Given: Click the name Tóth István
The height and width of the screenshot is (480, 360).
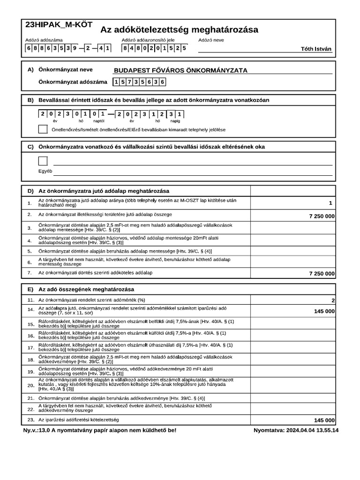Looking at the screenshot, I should tap(316, 48).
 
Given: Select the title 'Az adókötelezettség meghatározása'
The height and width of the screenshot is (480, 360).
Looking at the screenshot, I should tap(179, 30).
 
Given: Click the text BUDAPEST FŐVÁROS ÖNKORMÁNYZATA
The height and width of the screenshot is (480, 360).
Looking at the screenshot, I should tap(180, 71).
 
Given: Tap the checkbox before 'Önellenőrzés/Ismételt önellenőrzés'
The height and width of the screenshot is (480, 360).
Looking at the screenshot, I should tap(43, 129).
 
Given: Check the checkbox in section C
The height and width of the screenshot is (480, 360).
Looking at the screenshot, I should tap(43, 161).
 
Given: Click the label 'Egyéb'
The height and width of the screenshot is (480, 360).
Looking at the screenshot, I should tap(45, 171).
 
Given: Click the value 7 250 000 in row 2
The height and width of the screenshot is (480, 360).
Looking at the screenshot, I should tap(322, 216).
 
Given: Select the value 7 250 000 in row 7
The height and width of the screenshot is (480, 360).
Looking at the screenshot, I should tap(322, 273).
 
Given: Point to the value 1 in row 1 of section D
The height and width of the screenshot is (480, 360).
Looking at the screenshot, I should tap(330, 203).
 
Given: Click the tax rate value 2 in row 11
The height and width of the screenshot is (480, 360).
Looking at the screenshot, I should tap(333, 300).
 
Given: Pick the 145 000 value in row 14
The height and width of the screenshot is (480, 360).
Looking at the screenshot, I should tap(324, 311).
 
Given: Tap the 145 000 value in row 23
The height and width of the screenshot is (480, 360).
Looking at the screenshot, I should tap(324, 420).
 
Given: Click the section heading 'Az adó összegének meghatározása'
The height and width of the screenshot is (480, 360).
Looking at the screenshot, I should tap(86, 289).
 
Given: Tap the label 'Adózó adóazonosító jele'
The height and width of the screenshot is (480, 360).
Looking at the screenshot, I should tap(148, 40).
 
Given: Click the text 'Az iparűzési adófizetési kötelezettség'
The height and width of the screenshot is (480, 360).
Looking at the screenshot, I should tap(79, 419).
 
